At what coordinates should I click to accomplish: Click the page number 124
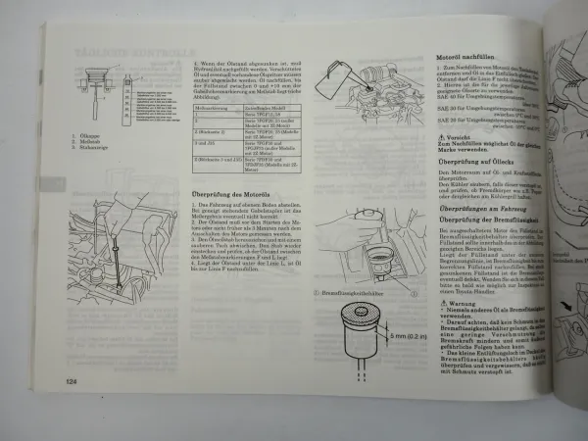click(72, 380)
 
